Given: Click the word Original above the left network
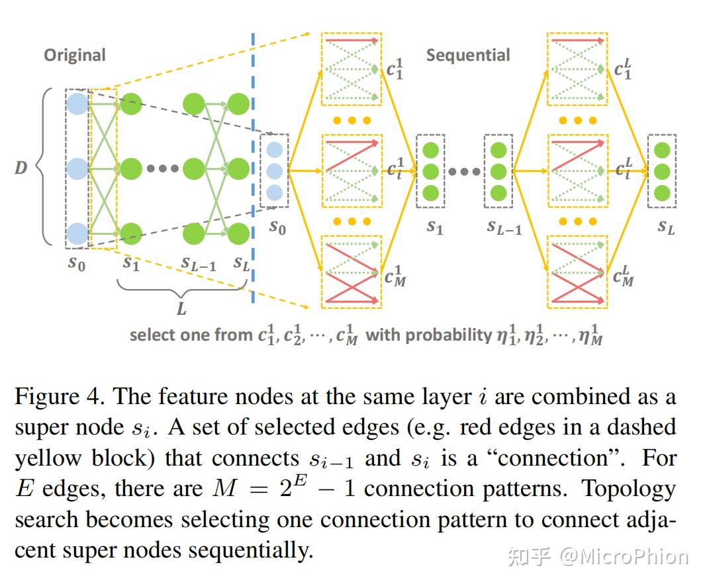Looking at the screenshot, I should click(x=75, y=55).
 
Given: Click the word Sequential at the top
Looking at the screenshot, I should click(x=467, y=55).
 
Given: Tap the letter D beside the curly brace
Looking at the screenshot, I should click(x=21, y=168).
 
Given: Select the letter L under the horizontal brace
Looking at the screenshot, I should click(x=181, y=308).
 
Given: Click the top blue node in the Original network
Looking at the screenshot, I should click(x=77, y=103).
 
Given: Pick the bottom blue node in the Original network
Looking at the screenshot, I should click(x=77, y=233).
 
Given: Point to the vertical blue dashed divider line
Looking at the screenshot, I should click(x=253, y=165).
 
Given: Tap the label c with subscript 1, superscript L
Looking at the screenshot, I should click(x=622, y=68).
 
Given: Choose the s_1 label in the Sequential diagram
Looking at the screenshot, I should click(x=434, y=227).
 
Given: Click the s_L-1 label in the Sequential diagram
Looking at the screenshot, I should click(x=504, y=227).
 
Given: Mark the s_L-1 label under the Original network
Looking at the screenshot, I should click(x=199, y=263).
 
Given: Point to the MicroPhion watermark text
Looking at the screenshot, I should click(x=623, y=557).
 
